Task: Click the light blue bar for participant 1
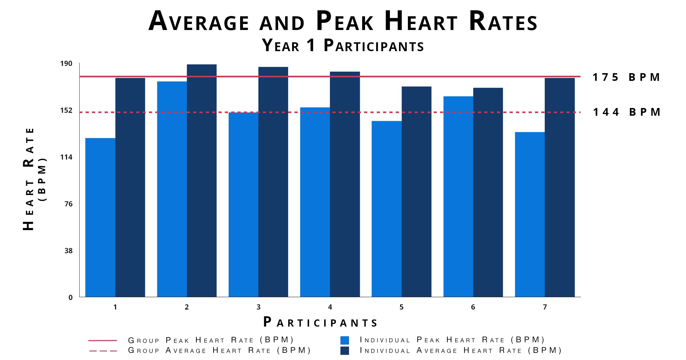click(100, 217)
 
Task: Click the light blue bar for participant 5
click(386, 209)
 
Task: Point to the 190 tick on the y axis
click(66, 63)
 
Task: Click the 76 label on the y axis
click(69, 204)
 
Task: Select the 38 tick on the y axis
click(69, 251)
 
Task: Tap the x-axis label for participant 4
click(330, 307)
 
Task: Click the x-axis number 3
click(258, 307)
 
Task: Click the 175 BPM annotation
click(626, 77)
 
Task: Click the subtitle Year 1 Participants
click(343, 45)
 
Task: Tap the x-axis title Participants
click(320, 322)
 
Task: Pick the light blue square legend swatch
click(345, 340)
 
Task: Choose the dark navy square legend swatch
click(345, 351)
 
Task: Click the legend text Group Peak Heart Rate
click(211, 340)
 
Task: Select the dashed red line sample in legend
click(103, 351)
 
